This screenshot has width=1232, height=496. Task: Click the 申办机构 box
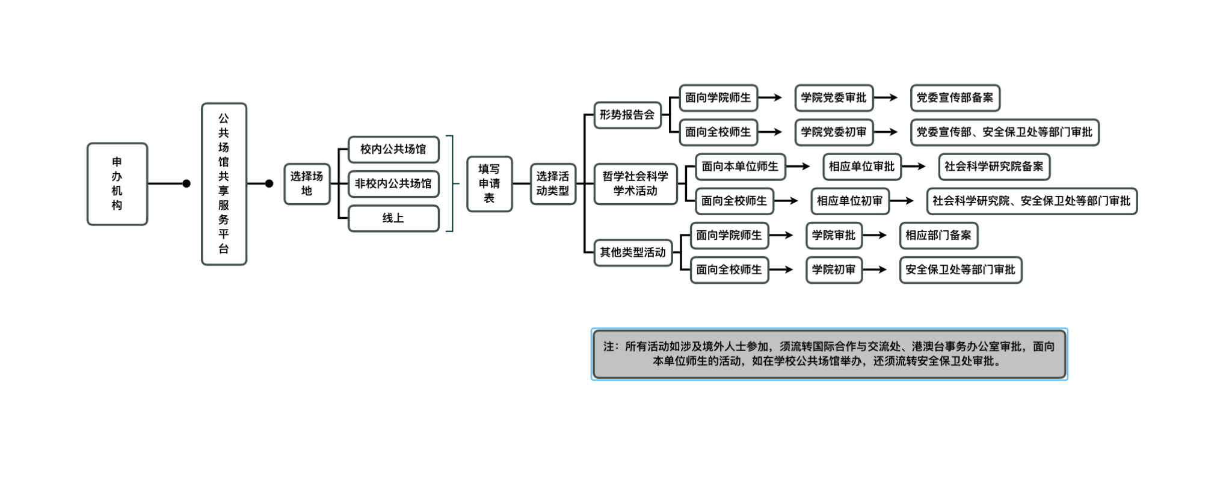pyautogui.click(x=117, y=184)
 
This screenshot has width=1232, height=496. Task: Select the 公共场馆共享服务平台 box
pyautogui.click(x=224, y=184)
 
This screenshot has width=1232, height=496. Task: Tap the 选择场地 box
pyautogui.click(x=307, y=184)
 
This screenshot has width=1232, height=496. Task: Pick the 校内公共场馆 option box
pyautogui.click(x=393, y=149)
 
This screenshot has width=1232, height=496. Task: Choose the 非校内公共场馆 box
pyautogui.click(x=393, y=184)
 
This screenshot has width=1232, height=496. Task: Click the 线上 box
pyautogui.click(x=393, y=218)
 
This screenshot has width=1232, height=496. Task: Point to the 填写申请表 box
pyautogui.click(x=490, y=184)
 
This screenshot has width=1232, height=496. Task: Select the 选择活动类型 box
pyautogui.click(x=553, y=184)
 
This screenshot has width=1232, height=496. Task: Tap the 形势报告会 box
pyautogui.click(x=627, y=115)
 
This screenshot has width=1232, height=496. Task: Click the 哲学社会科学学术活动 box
pyautogui.click(x=635, y=184)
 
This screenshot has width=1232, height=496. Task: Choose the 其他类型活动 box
pyautogui.click(x=633, y=253)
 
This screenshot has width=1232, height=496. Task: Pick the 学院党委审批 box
pyautogui.click(x=834, y=98)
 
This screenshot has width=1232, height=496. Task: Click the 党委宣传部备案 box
pyautogui.click(x=955, y=98)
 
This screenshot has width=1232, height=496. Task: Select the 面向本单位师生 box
pyautogui.click(x=740, y=167)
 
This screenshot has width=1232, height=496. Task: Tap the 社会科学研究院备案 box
pyautogui.click(x=994, y=167)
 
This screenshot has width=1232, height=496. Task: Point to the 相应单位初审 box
pyautogui.click(x=849, y=201)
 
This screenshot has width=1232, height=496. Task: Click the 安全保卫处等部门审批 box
pyautogui.click(x=961, y=270)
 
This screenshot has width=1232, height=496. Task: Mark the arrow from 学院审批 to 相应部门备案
pyautogui.click(x=875, y=236)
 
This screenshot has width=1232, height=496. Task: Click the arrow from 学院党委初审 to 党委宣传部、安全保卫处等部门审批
pyautogui.click(x=886, y=132)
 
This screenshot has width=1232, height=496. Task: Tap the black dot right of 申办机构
pyautogui.click(x=186, y=184)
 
